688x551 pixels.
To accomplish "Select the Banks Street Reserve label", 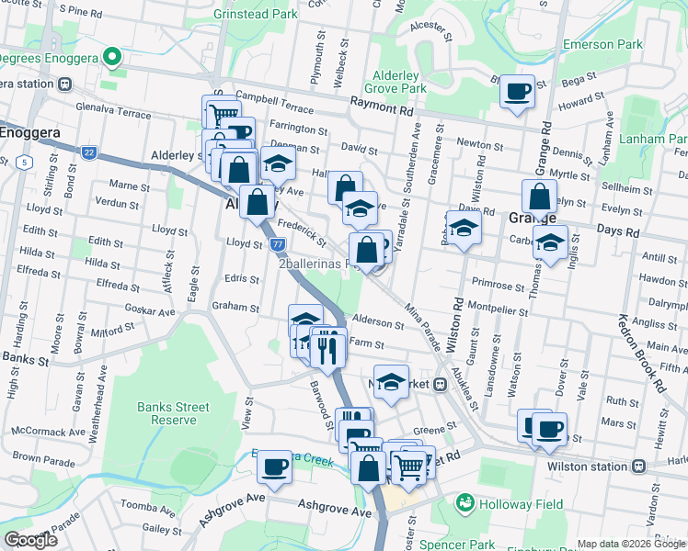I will pyautogui.click(x=173, y=413).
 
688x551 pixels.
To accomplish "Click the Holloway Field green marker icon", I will pyautogui.click(x=464, y=503).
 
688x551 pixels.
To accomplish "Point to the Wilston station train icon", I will pyautogui.click(x=637, y=466).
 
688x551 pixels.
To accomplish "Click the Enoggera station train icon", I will pyautogui.click(x=64, y=84).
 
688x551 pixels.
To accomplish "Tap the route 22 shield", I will pyautogui.click(x=88, y=152).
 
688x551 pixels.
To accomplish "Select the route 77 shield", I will pyautogui.click(x=278, y=244).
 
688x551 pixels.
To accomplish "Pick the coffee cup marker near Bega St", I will pyautogui.click(x=517, y=92).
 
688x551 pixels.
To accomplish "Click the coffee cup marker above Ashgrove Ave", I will pyautogui.click(x=274, y=467).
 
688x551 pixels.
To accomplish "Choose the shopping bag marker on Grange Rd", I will pyautogui.click(x=538, y=196).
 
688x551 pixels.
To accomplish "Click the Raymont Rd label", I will pyautogui.click(x=381, y=108).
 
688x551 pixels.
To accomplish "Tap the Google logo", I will pyautogui.click(x=31, y=540).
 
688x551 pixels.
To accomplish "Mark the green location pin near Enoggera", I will pyautogui.click(x=113, y=57).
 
